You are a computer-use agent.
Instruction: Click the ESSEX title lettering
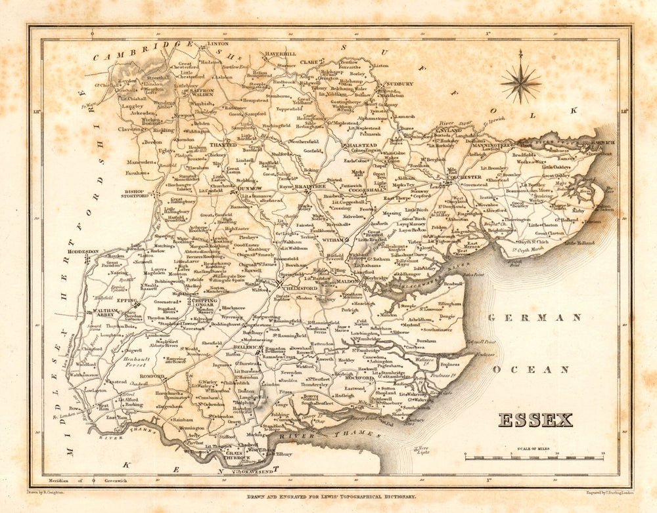coord(535,420)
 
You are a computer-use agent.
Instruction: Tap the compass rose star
coord(520,83)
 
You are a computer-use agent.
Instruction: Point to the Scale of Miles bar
coord(534,457)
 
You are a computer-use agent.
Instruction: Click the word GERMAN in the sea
coord(535,318)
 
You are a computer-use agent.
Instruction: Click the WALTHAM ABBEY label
coord(104,312)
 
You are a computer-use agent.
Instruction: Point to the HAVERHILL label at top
coord(281,54)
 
